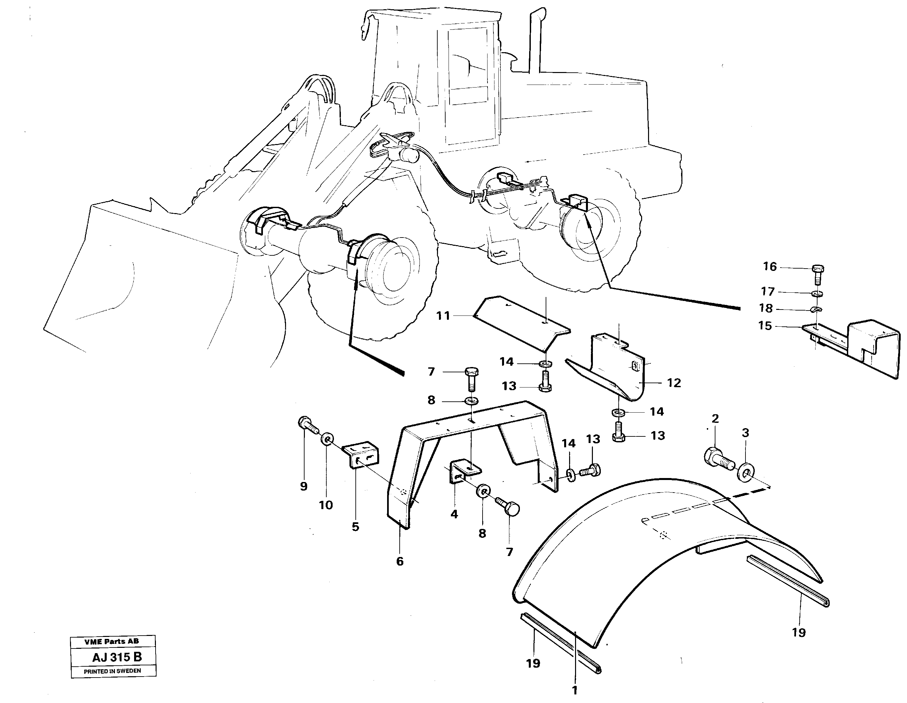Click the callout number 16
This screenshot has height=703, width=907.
770,267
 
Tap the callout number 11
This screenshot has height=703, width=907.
443,316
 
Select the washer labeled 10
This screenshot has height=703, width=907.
327,439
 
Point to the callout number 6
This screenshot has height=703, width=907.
400,562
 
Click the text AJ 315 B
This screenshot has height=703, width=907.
117,657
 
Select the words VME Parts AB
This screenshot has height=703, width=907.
112,642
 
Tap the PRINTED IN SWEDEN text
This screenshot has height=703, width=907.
113,671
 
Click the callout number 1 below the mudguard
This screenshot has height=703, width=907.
575,690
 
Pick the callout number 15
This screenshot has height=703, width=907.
765,326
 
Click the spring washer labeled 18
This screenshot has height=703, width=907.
816,310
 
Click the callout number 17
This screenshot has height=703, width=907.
768,292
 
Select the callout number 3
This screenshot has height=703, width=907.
745,433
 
